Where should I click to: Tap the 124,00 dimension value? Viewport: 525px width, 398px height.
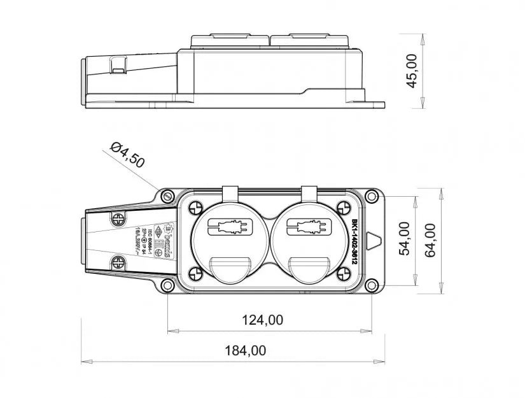click(x=262, y=320)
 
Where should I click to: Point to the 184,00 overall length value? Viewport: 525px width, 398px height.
click(x=245, y=350)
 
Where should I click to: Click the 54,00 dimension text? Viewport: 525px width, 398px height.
click(x=403, y=239)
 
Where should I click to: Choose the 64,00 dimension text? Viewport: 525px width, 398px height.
click(x=430, y=240)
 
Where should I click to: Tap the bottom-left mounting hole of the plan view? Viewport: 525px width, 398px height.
click(x=167, y=285)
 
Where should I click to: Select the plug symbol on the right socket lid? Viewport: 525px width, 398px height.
click(x=309, y=226)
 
